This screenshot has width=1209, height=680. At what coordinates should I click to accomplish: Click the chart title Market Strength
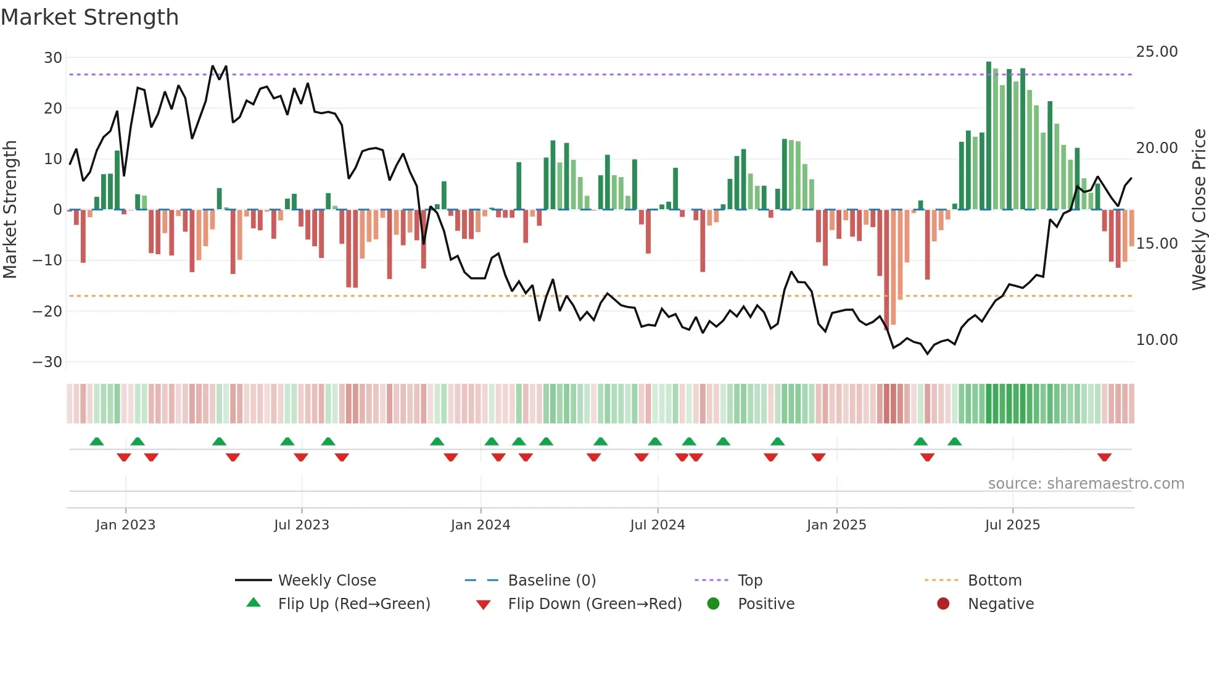pos(89,17)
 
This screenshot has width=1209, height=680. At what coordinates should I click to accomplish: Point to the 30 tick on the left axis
pos(53,58)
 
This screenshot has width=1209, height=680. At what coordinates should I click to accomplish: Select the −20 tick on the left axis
pos(48,312)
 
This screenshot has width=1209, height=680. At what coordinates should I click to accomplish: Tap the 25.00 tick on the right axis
pos(1157,52)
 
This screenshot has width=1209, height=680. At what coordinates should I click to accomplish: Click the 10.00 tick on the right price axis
pos(1157,340)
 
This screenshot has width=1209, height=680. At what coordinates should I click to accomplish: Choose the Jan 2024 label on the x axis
pos(481,525)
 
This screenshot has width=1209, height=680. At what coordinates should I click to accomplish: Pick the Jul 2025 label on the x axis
pos(1012,525)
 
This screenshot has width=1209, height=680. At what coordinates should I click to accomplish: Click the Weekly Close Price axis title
pos(1199,210)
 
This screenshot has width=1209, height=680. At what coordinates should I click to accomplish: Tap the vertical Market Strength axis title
pos(10,210)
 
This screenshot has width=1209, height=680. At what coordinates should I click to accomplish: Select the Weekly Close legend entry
pos(327,581)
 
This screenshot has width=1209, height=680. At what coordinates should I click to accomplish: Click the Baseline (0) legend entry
pos(551,581)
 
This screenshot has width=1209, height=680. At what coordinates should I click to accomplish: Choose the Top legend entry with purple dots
pos(750,581)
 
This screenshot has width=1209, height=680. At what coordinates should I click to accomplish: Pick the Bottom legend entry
pos(994,581)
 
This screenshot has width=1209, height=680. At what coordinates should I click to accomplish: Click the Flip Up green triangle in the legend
pos(254,603)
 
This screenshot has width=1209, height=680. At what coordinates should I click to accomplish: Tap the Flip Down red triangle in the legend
pos(484,605)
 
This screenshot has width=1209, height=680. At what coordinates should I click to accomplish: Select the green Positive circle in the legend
pos(714,604)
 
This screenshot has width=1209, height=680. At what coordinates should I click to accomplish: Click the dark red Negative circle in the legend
pos(943,604)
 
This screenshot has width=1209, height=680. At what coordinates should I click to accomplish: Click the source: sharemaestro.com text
pos(1086,484)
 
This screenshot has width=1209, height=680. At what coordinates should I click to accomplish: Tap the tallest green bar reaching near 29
pos(989,136)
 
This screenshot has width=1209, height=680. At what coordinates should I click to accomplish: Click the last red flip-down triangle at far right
pos(1104,457)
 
